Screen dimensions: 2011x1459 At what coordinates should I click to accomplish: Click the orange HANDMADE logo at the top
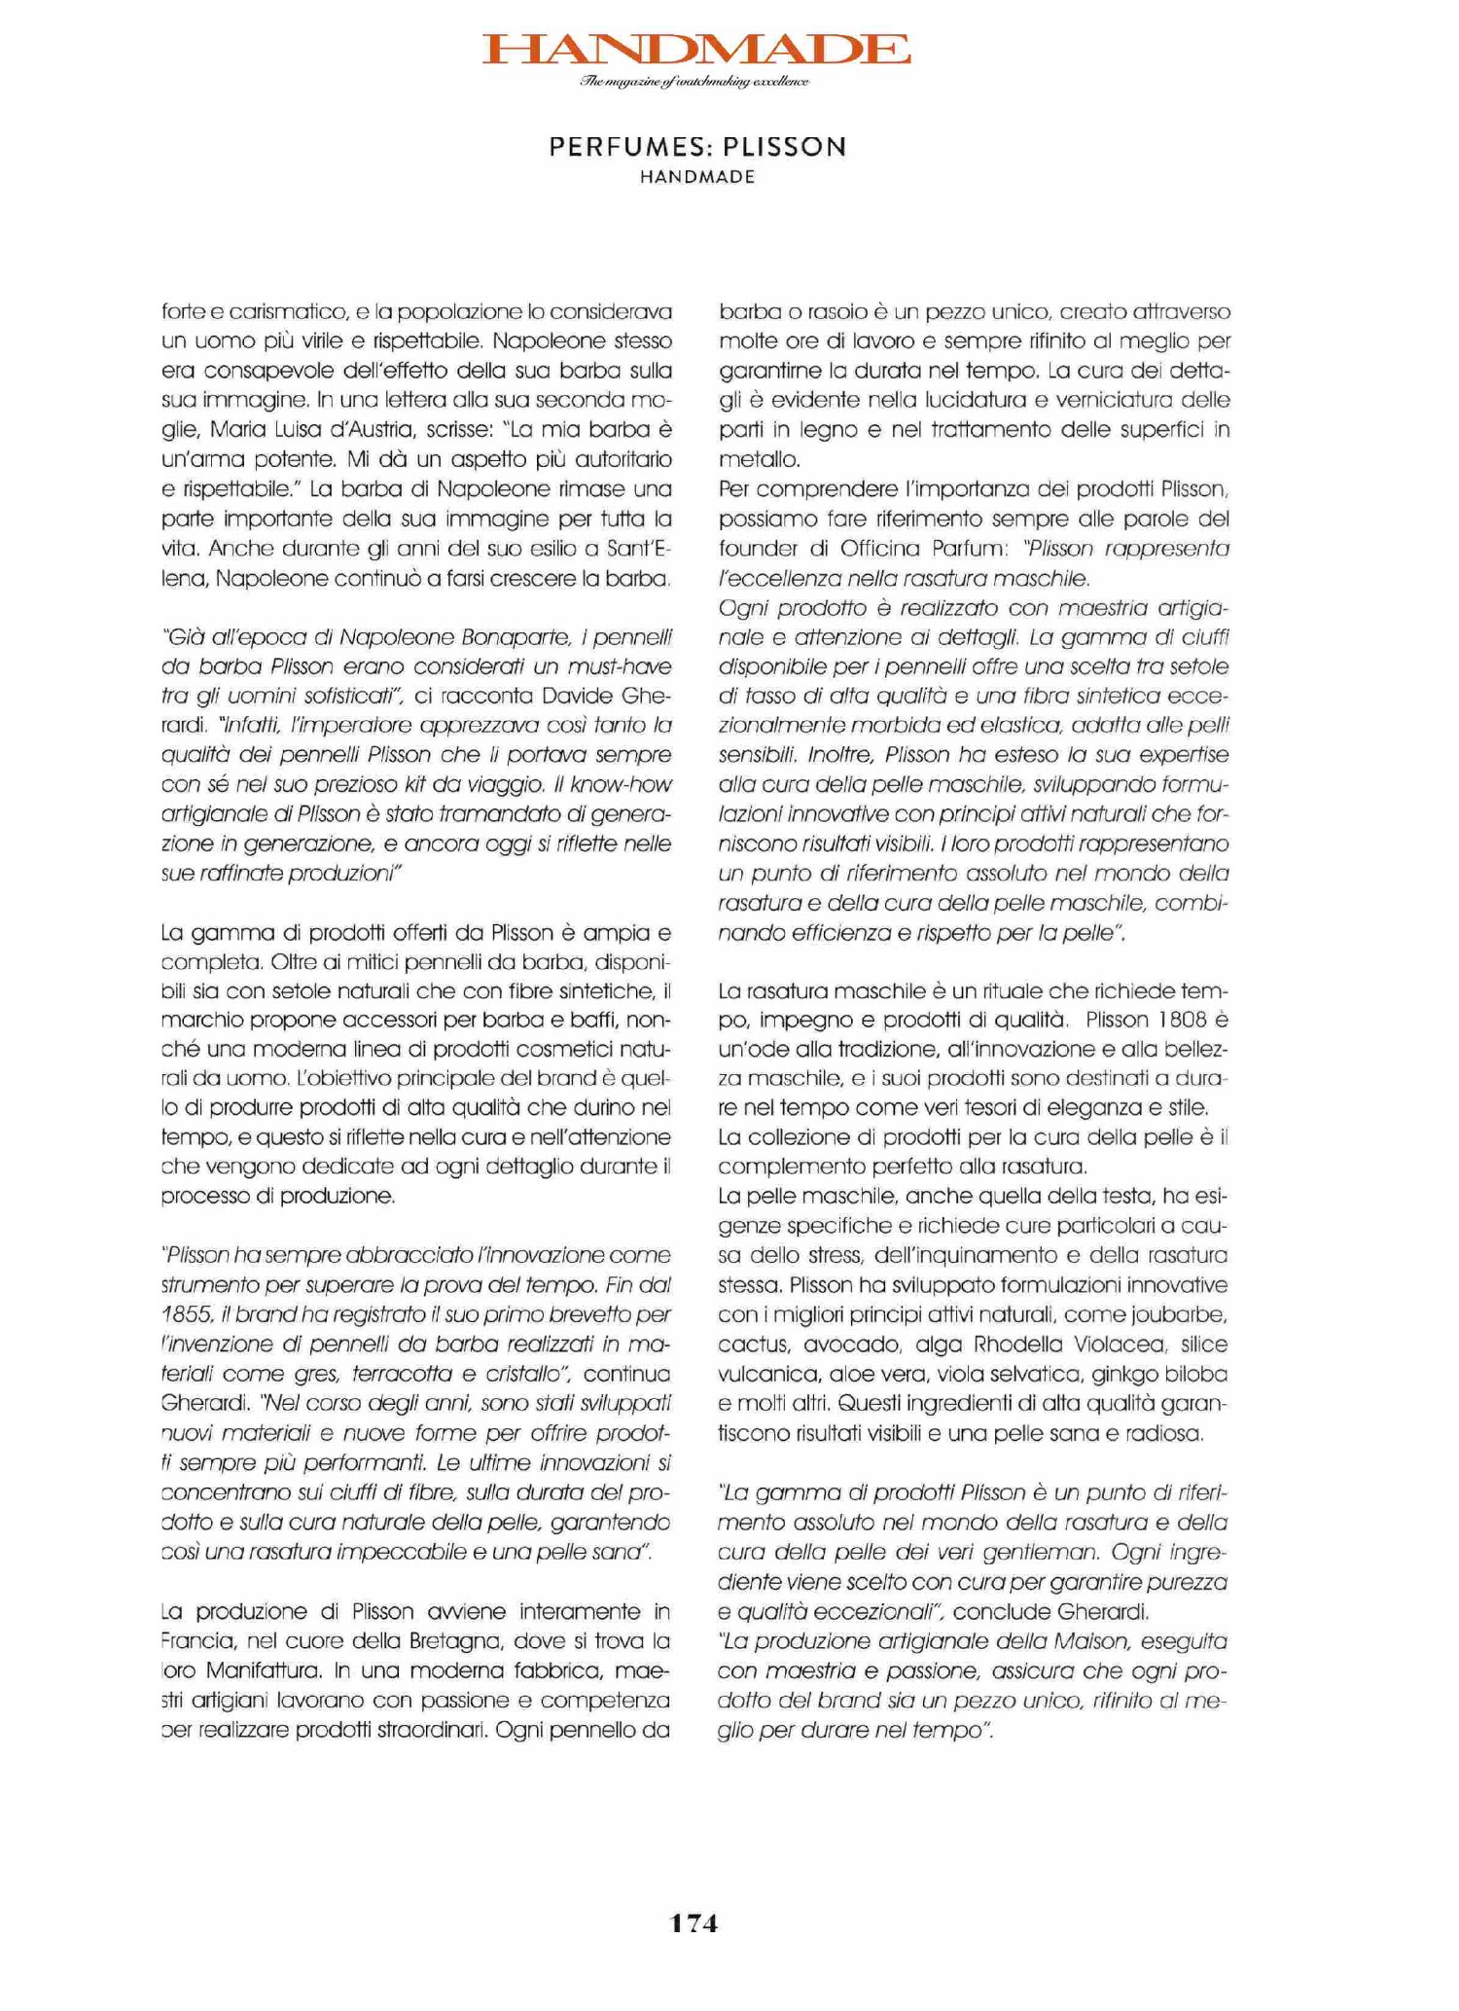(x=696, y=50)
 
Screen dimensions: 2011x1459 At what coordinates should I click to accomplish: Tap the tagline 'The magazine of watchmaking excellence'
(x=694, y=82)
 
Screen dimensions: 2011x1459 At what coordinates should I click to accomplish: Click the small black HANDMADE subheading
(x=697, y=178)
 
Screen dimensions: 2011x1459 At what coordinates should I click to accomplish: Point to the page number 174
(x=694, y=1922)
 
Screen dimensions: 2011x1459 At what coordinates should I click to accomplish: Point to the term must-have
(x=611, y=667)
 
